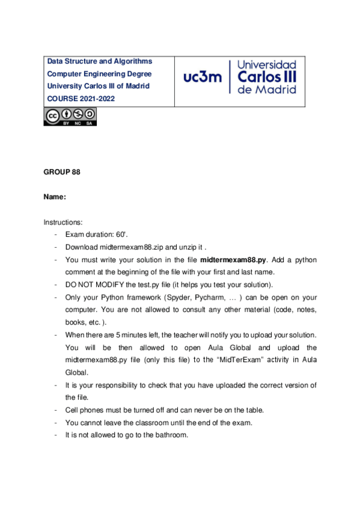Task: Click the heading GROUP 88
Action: (x=62, y=172)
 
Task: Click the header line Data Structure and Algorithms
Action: (x=100, y=61)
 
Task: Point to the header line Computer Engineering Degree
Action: (x=100, y=73)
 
